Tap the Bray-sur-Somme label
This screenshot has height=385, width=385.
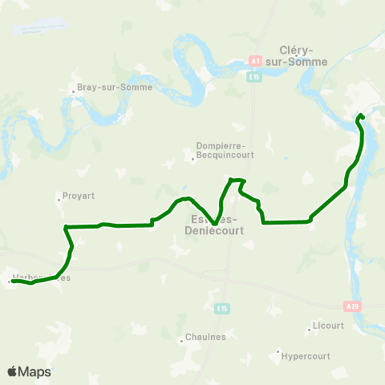coord(108,88)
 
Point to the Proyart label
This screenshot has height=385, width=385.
coord(79,194)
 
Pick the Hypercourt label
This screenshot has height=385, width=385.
coord(309,353)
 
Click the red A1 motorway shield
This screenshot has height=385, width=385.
coord(255,61)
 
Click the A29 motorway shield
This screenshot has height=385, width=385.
coord(351,306)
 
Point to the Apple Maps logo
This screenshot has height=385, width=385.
coord(29,371)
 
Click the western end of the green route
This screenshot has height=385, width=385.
coord(13,281)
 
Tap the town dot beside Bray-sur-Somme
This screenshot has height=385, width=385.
coord(73,90)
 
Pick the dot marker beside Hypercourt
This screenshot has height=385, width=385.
coord(278,351)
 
